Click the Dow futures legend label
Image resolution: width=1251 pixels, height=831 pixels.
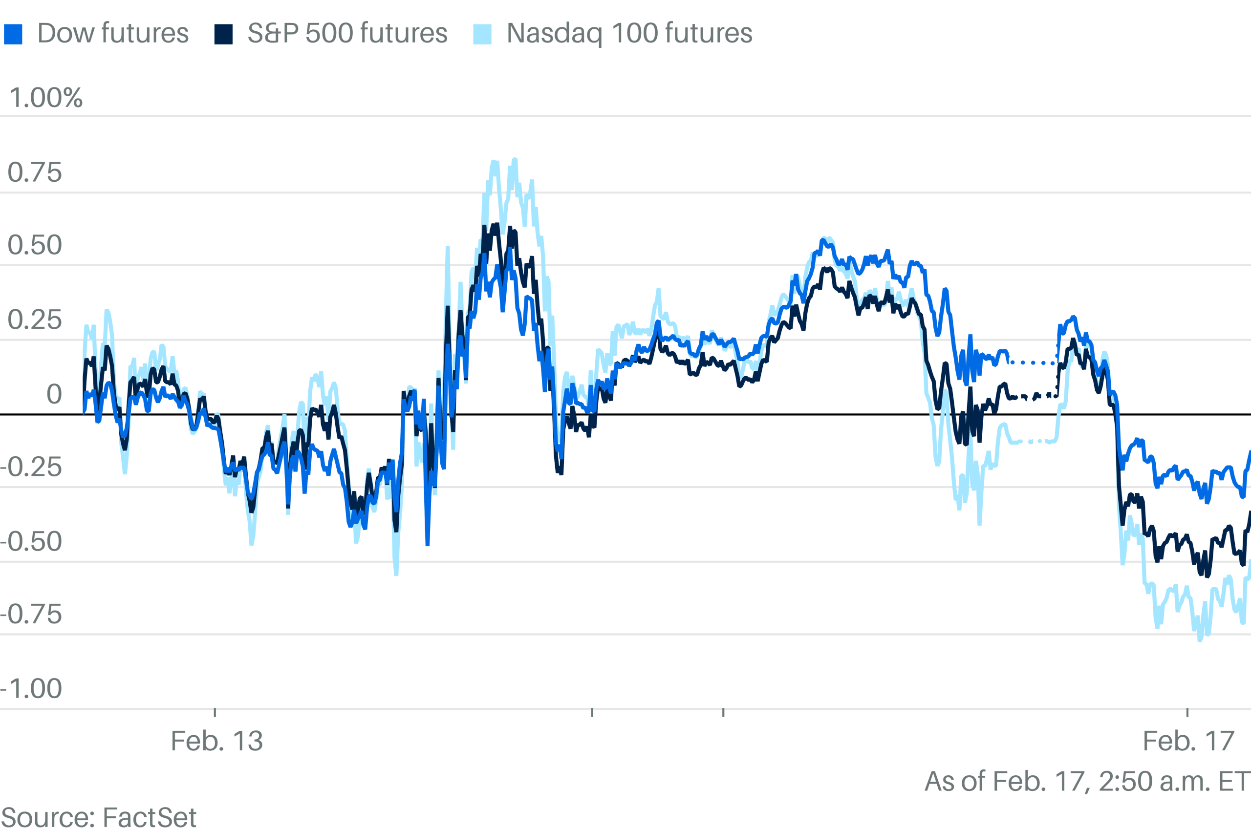[x=112, y=33]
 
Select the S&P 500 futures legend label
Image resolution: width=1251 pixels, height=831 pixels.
[x=347, y=33]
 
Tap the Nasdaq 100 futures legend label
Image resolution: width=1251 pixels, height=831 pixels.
[x=629, y=33]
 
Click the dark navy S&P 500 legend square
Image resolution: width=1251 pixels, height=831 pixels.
[x=223, y=35]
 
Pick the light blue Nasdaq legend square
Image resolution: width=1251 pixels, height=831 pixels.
[x=482, y=35]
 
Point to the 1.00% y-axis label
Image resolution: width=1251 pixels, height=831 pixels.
[x=46, y=98]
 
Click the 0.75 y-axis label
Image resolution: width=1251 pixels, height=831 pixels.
[x=35, y=173]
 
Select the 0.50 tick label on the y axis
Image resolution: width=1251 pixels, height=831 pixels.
[x=35, y=245]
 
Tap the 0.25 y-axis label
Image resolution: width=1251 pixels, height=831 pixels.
[x=35, y=320]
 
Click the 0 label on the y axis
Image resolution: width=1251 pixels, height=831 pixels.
[x=54, y=394]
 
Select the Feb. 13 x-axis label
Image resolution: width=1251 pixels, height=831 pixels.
[x=217, y=741]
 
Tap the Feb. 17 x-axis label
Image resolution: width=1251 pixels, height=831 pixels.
[x=1188, y=741]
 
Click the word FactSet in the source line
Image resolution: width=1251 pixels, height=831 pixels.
[x=149, y=817]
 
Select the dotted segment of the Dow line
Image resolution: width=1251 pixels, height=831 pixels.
[x=1033, y=362]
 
